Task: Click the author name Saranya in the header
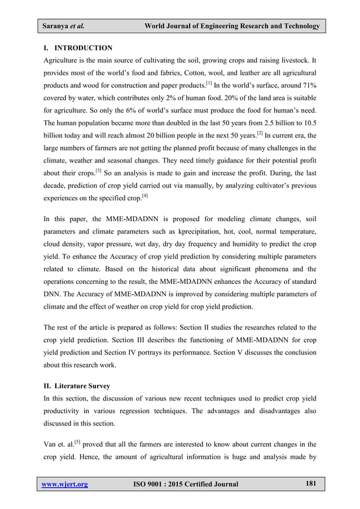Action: tap(55, 27)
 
